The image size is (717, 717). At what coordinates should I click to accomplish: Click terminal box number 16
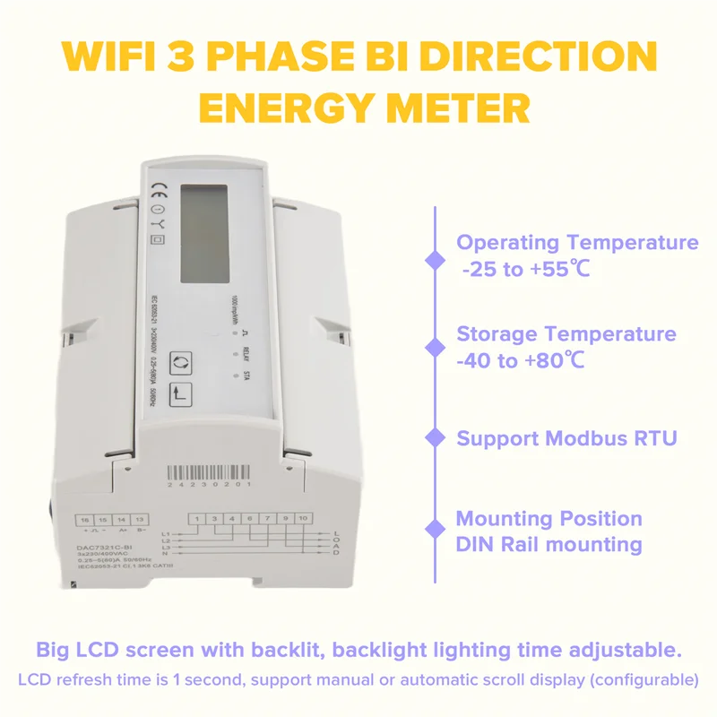(x=84, y=520)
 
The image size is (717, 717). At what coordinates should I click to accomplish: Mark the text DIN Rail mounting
(x=549, y=544)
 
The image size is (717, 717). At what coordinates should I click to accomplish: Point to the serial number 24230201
(x=212, y=484)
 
